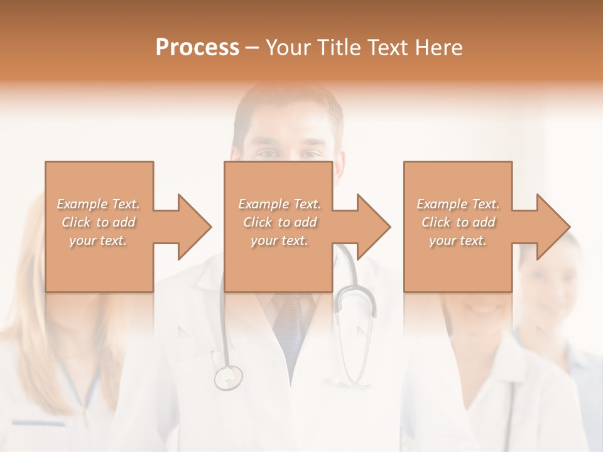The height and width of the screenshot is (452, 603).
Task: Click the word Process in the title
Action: point(197,48)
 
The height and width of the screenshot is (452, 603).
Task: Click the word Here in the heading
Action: point(438,48)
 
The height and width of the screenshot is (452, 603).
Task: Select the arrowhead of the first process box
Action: point(192,227)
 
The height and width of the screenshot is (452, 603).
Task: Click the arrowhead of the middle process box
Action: point(371,227)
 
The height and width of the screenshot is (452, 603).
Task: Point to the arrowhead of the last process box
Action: point(551,227)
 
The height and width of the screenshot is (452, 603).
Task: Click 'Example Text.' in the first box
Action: point(99,204)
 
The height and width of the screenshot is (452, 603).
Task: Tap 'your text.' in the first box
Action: point(99,240)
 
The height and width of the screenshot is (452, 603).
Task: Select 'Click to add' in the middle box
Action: point(280,222)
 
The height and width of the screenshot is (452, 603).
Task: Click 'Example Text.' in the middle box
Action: point(280,204)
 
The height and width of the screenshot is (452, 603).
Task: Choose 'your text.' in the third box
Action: point(458,240)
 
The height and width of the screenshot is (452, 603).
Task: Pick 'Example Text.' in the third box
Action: point(458,204)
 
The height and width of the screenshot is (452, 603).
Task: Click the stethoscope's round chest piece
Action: point(228,377)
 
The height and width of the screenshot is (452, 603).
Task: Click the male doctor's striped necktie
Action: point(290,326)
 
